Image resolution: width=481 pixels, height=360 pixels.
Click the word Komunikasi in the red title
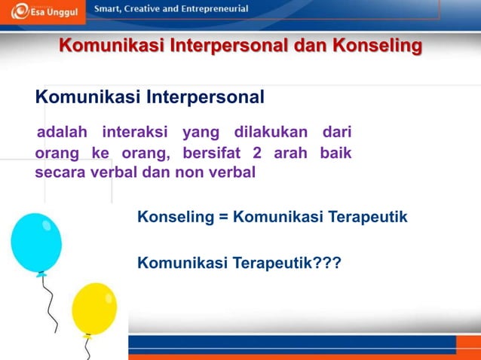click(112, 46)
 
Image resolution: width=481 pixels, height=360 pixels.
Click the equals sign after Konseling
click(223, 218)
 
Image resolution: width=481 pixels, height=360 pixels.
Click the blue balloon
click(36, 242)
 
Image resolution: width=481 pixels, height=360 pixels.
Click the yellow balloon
click(94, 308)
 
